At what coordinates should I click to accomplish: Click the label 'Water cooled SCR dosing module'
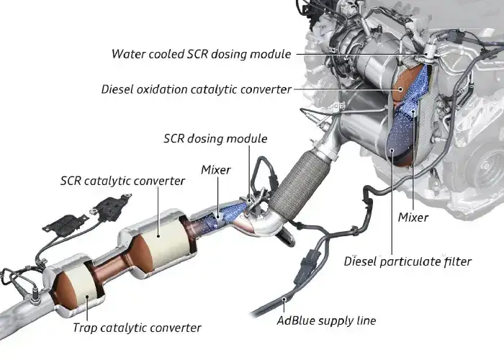pos(201,54)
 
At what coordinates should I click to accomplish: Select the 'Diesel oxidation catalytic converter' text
pos(196,90)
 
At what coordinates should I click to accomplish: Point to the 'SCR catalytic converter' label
pos(122,181)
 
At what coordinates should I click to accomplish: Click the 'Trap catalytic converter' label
pos(136,328)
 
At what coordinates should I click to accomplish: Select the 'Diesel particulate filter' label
pos(408,261)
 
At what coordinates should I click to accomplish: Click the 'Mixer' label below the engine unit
pos(413,217)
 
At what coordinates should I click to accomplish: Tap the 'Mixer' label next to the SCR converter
pos(216,170)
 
